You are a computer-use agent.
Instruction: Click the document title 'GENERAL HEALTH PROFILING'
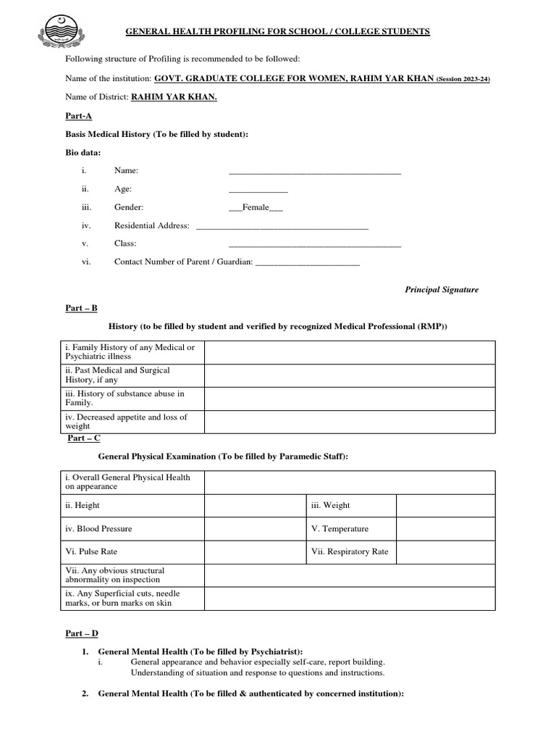[278, 32]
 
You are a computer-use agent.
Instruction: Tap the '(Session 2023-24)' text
[463, 78]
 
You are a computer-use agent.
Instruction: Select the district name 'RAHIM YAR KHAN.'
[174, 97]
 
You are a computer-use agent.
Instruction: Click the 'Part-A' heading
[78, 116]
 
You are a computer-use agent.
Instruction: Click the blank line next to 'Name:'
[314, 172]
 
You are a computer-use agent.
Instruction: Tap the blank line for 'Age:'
[258, 190]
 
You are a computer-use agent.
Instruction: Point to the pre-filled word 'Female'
[256, 207]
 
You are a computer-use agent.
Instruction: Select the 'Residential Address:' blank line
[282, 227]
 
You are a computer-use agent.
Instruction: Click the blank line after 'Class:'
[314, 245]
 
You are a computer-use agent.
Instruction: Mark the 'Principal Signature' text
[441, 289]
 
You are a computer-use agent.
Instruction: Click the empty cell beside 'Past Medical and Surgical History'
[350, 375]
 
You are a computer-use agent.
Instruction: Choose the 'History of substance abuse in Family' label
[125, 398]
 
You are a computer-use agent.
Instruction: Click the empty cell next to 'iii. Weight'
[445, 506]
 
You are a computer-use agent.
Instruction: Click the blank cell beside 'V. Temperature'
[445, 529]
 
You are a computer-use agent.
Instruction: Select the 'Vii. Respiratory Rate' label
[350, 551]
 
